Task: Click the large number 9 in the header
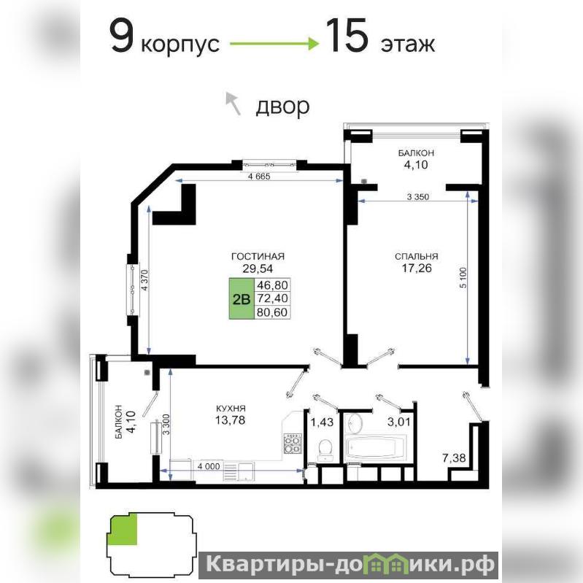point(122,36)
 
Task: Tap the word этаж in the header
point(407,45)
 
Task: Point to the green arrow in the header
point(274,44)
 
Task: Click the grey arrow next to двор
point(233,103)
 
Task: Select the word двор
point(282,107)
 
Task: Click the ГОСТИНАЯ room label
point(258,256)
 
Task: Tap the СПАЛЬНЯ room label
point(417,256)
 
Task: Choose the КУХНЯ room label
point(231,409)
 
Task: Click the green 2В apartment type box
point(242,298)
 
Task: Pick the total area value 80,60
point(272,312)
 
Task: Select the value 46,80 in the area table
point(272,285)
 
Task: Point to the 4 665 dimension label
point(259,177)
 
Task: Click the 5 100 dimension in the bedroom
point(463,278)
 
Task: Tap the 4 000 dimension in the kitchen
point(209,466)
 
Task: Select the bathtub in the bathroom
point(376,448)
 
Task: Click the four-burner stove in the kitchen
point(293,444)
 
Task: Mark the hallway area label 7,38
point(454,457)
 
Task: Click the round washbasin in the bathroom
point(355,422)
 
